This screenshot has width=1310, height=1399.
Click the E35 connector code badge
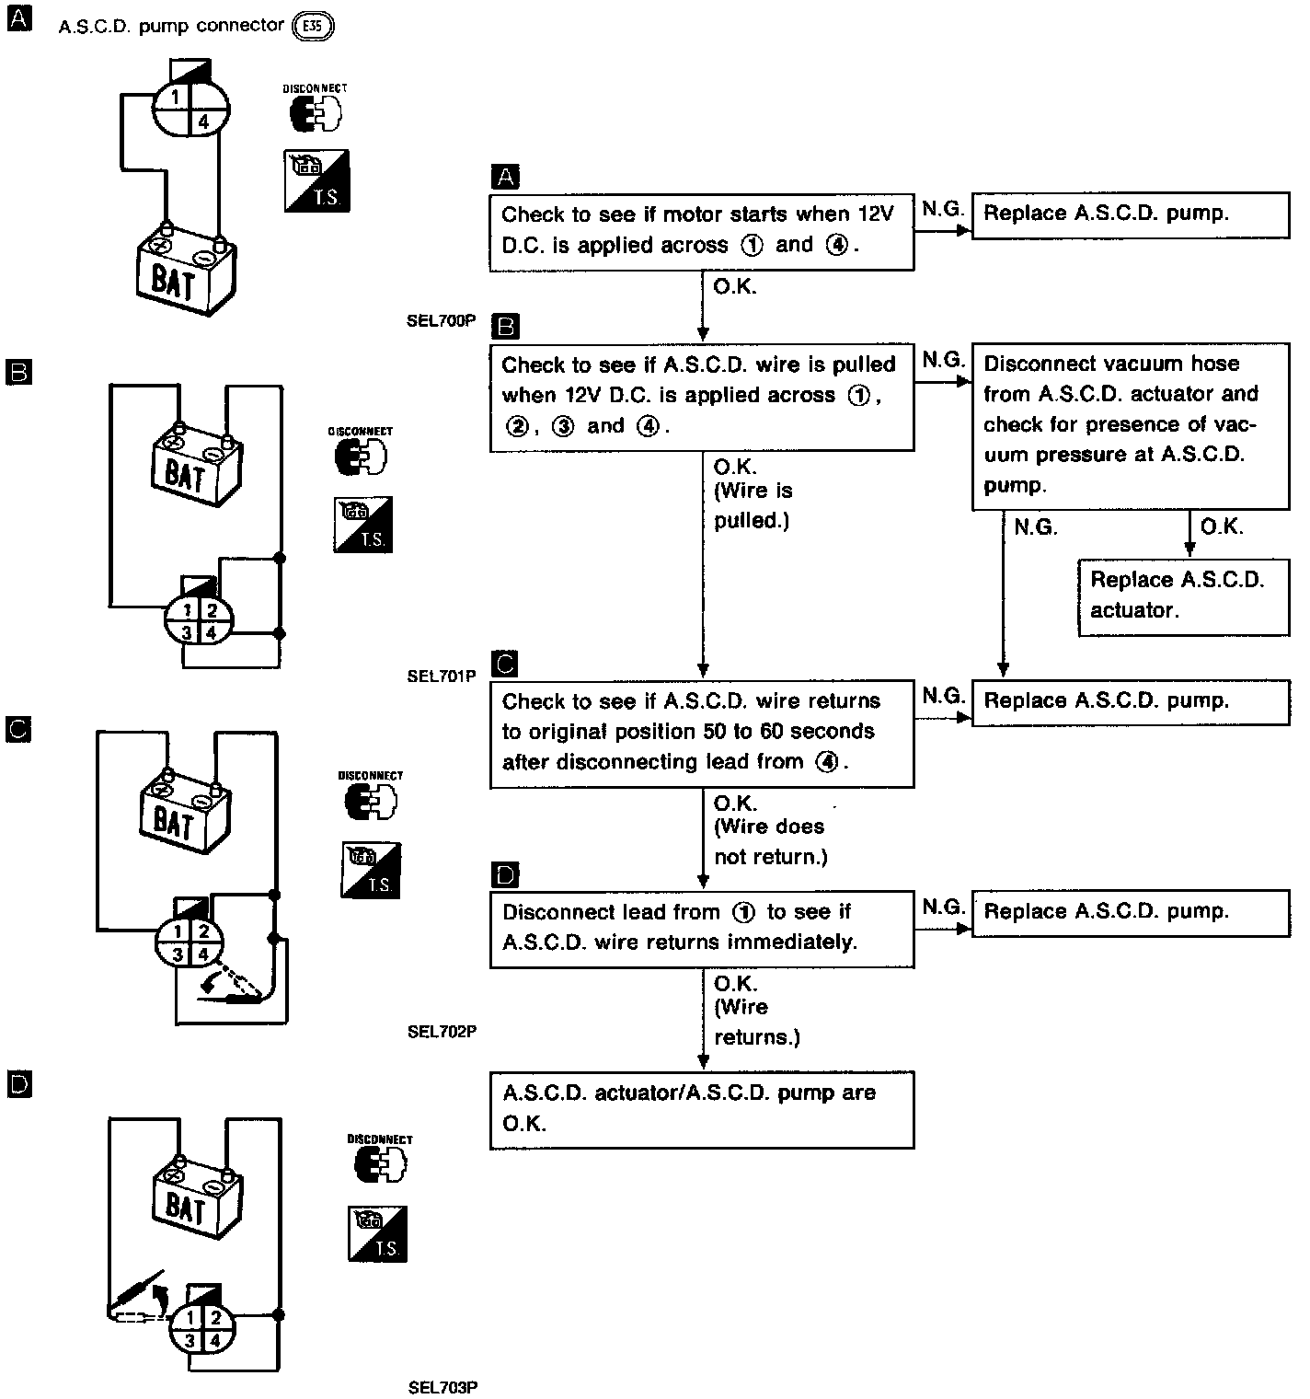point(312,27)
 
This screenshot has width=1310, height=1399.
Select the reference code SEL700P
point(442,320)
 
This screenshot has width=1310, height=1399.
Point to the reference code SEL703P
point(442,1387)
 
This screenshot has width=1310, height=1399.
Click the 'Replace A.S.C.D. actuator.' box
point(1183,595)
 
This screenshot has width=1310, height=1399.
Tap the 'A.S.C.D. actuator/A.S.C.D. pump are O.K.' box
point(701,1109)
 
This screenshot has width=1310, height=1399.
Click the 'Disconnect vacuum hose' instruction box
point(1130,424)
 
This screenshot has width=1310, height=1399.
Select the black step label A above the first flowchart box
point(506,177)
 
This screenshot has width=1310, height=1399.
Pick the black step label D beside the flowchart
point(506,875)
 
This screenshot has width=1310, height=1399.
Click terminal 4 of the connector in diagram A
point(203,121)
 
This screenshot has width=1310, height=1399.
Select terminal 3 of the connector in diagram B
point(186,632)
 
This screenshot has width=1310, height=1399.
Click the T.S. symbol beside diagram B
point(363,525)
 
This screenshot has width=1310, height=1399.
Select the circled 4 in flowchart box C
point(827,762)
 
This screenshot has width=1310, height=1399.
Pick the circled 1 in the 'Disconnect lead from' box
point(743,912)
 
